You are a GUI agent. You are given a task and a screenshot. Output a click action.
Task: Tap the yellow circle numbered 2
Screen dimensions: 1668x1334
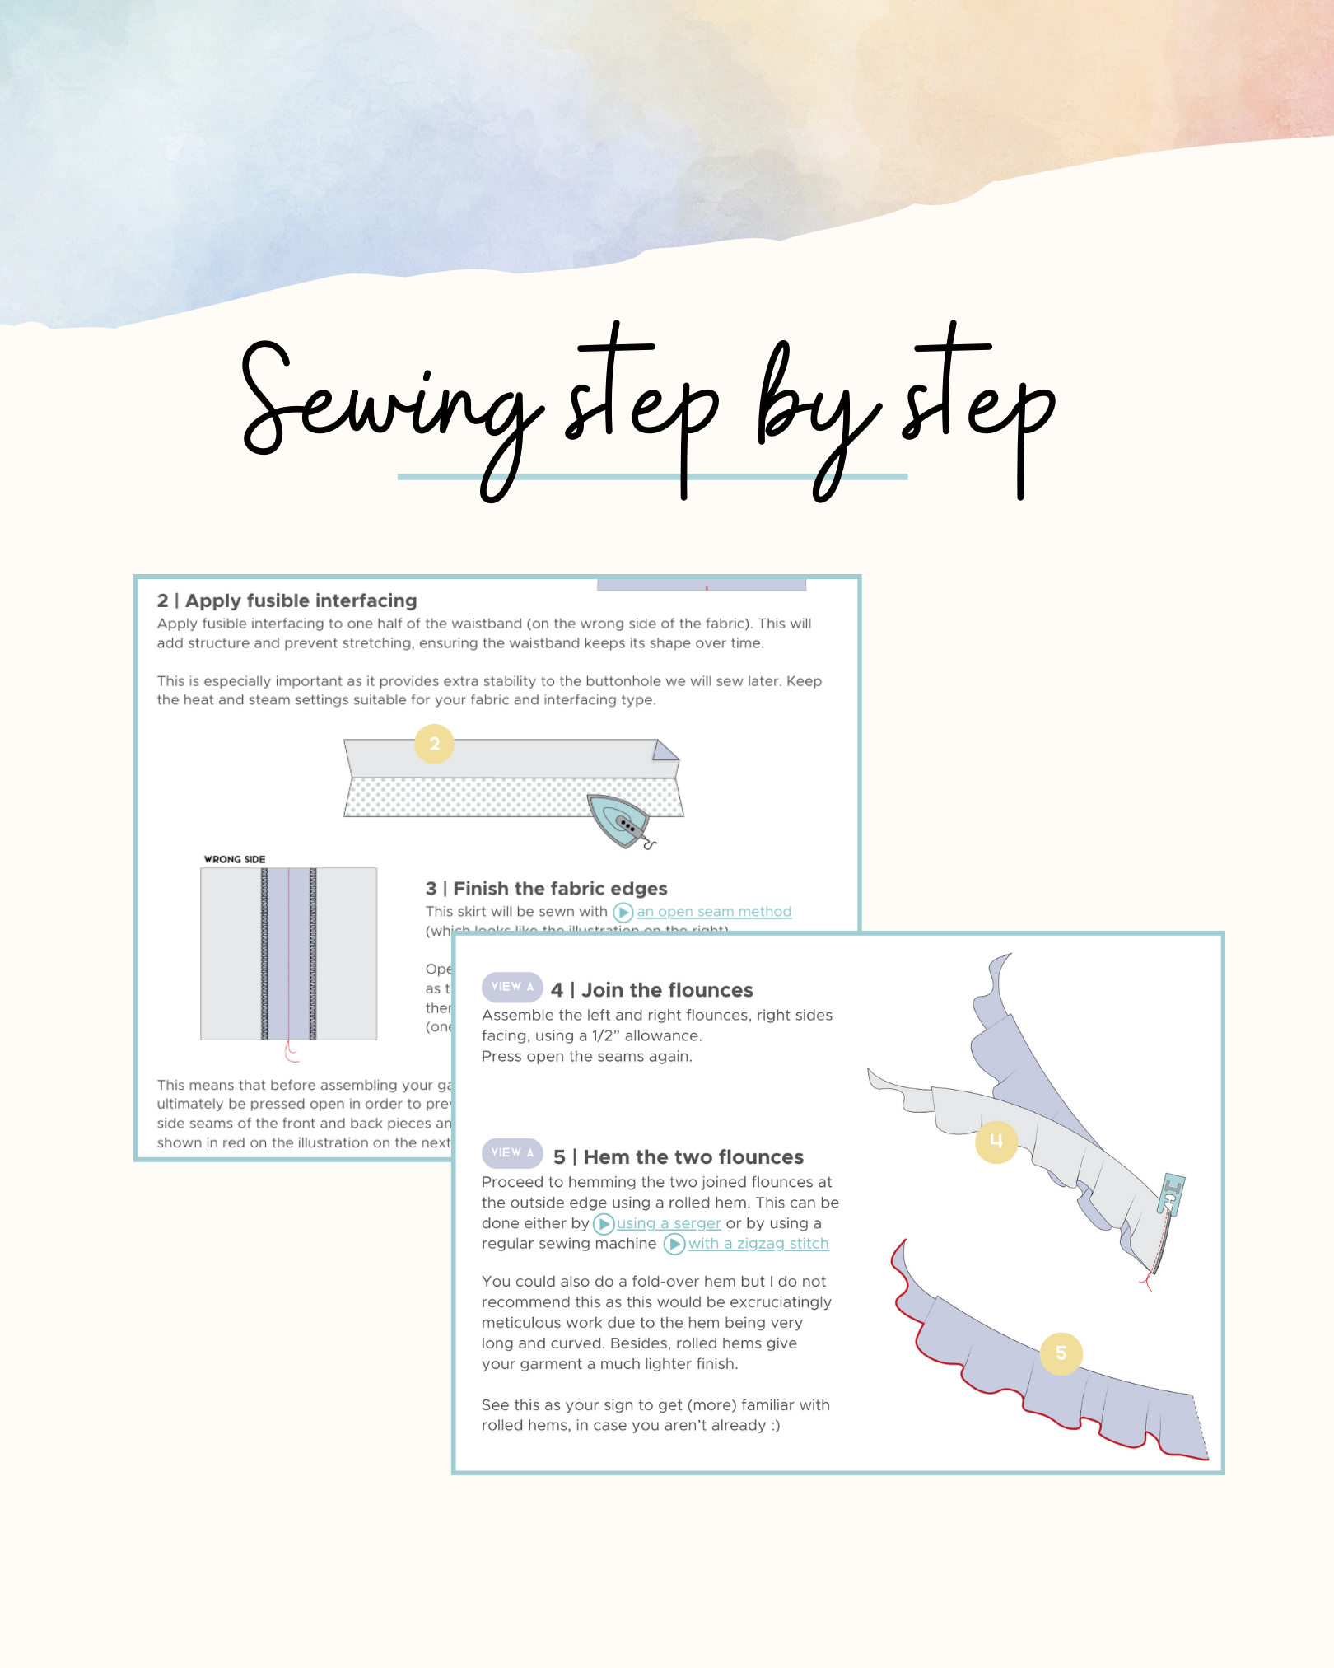434,744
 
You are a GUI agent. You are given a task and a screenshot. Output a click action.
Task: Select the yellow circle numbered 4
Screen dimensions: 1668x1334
996,1142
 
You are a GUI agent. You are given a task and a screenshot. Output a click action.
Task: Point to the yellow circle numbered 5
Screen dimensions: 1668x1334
1061,1353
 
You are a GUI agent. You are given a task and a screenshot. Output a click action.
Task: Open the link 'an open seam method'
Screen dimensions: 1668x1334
713,912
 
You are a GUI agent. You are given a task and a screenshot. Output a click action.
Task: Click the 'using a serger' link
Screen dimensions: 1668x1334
669,1223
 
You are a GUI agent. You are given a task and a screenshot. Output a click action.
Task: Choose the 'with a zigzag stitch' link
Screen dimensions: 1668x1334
758,1244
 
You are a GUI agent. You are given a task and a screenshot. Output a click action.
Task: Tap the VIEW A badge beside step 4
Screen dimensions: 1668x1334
512,987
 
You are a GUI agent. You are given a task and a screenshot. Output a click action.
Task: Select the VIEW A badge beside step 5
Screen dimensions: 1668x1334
512,1152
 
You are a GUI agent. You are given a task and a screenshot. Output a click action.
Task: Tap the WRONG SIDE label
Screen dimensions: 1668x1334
235,859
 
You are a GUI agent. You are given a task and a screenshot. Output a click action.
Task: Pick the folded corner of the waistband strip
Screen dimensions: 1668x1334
665,751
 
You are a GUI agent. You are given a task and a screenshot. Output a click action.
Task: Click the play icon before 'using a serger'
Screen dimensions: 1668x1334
604,1224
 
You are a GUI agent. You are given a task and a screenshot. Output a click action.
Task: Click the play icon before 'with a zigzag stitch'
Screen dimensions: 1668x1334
674,1244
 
